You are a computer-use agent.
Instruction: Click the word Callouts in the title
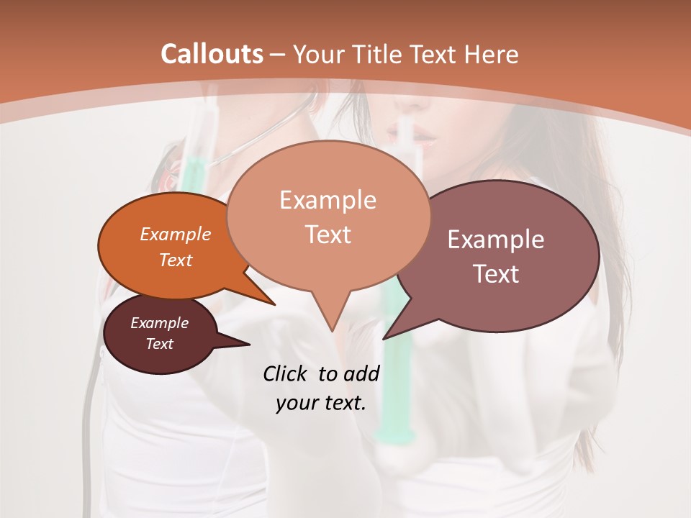tap(212, 54)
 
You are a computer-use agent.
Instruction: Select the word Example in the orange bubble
tap(176, 234)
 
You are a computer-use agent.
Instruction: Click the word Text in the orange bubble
tap(176, 260)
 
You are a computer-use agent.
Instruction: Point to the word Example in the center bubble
tap(328, 200)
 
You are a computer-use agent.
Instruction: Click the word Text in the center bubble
tap(328, 235)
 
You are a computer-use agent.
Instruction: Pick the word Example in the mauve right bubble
tap(496, 240)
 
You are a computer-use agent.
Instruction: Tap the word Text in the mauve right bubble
tap(496, 274)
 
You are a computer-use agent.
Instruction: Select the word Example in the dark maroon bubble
tap(160, 323)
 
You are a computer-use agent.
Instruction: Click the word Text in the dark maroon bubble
tap(160, 344)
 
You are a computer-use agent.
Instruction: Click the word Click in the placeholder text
tap(287, 373)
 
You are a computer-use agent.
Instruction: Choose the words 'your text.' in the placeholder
tap(321, 404)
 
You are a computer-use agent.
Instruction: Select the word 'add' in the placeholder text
tap(362, 373)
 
